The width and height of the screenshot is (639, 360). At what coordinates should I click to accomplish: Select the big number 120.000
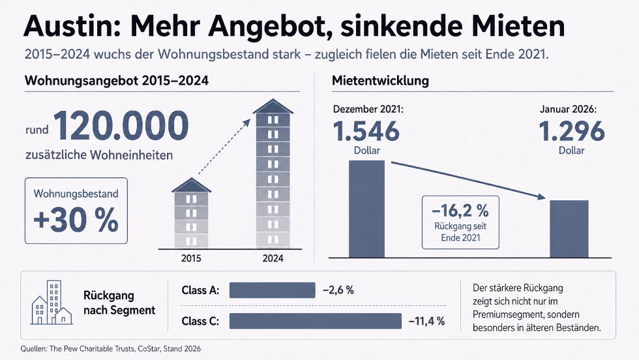pyautogui.click(x=121, y=126)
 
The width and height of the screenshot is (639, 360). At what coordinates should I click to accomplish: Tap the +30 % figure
pyautogui.click(x=76, y=220)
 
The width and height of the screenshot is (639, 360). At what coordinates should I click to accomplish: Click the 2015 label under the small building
pyautogui.click(x=191, y=258)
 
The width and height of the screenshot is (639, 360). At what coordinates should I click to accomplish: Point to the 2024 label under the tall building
pyautogui.click(x=273, y=258)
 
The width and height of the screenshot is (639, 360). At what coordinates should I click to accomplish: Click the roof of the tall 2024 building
pyautogui.click(x=273, y=106)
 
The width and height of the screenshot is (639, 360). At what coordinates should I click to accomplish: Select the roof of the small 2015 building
pyautogui.click(x=191, y=185)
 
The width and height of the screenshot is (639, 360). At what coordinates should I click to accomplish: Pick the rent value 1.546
pyautogui.click(x=366, y=131)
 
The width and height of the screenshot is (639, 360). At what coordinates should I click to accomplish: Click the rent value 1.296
pyautogui.click(x=571, y=131)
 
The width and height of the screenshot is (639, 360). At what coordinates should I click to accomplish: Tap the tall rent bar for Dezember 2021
pyautogui.click(x=366, y=209)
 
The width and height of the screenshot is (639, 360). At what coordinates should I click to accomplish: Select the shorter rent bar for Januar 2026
pyautogui.click(x=569, y=229)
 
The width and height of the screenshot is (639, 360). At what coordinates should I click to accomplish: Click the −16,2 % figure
pyautogui.click(x=460, y=211)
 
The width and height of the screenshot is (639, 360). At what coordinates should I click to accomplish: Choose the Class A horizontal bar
pyautogui.click(x=273, y=290)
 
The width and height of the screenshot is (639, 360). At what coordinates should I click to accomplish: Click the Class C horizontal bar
pyautogui.click(x=316, y=321)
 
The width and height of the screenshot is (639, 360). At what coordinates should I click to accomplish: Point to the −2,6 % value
pyautogui.click(x=338, y=290)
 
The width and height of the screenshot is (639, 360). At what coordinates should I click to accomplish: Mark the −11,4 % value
pyautogui.click(x=426, y=322)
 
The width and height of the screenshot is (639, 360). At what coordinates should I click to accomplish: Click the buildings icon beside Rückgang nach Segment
pyautogui.click(x=52, y=303)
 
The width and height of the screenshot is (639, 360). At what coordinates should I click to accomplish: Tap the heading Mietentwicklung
pyautogui.click(x=380, y=81)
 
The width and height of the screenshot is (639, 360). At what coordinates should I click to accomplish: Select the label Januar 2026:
pyautogui.click(x=568, y=109)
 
